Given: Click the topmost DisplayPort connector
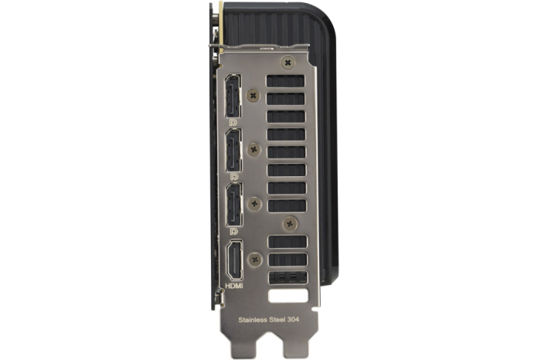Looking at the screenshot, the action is click(x=233, y=96).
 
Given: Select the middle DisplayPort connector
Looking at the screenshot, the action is click(x=233, y=150).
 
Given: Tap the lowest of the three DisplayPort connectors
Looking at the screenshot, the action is click(x=234, y=204).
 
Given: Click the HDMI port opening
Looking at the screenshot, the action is click(x=234, y=260).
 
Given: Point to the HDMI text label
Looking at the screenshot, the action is click(x=234, y=286).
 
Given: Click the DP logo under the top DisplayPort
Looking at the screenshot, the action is click(x=233, y=123).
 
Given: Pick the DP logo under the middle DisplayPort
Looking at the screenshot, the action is click(x=234, y=177).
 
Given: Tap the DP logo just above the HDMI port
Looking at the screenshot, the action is click(x=234, y=231).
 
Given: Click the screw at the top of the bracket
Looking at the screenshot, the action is click(x=288, y=63).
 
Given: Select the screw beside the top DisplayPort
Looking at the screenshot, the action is click(x=254, y=95).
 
